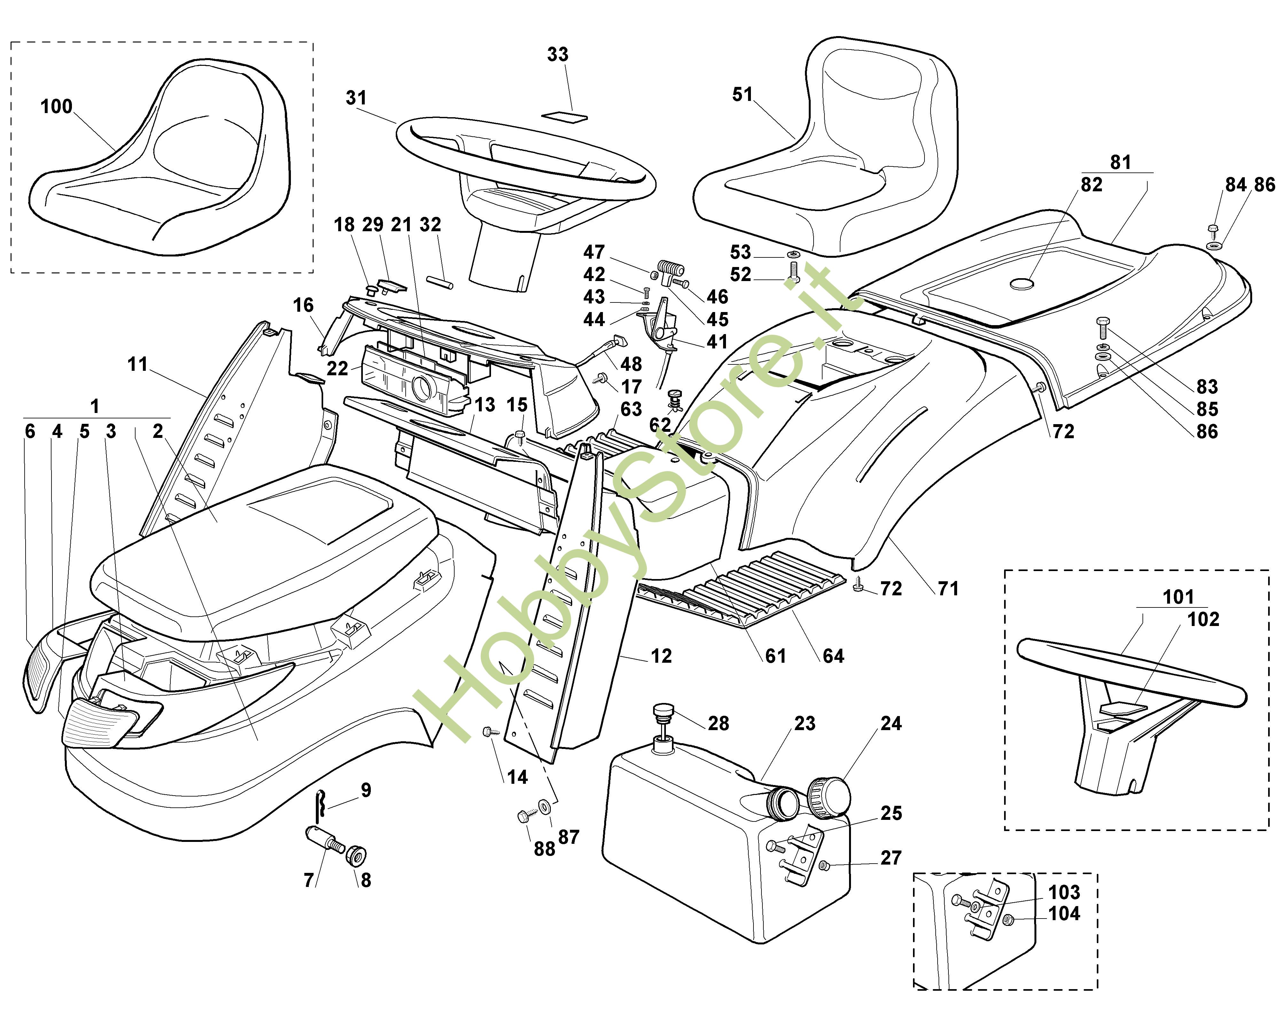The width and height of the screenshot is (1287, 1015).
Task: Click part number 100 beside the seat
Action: (x=56, y=107)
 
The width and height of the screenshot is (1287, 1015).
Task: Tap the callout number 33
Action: (x=557, y=55)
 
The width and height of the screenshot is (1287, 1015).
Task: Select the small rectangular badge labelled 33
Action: (x=568, y=116)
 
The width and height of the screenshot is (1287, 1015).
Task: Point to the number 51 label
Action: (x=742, y=95)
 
